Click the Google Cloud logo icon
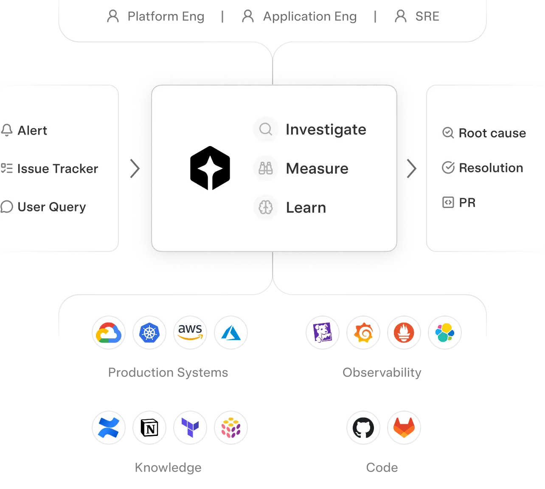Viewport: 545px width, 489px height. pos(109,333)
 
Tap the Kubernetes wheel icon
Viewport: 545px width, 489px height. pos(149,333)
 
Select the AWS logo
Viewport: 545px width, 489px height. pos(190,332)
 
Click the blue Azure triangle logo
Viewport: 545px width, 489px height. pos(231,333)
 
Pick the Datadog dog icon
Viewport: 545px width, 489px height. pos(323,333)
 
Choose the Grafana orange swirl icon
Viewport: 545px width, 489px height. pos(363,333)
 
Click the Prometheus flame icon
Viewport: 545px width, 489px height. pos(404,333)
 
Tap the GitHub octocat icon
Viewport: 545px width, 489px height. pos(363,428)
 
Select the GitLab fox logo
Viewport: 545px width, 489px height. pos(404,428)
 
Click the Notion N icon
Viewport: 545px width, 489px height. pos(149,428)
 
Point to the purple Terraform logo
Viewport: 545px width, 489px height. pos(190,428)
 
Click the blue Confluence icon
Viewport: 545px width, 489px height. pos(109,428)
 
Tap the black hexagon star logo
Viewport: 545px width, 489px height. pos(210,169)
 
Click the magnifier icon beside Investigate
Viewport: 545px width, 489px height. pos(266,129)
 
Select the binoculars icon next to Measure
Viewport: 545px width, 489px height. pos(266,169)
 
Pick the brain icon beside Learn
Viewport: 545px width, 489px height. pos(266,208)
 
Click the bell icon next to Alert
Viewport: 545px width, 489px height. pos(7,130)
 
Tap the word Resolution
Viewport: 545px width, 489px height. pos(491,168)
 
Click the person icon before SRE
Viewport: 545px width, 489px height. pos(401,16)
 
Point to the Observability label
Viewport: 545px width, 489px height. pos(382,373)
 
